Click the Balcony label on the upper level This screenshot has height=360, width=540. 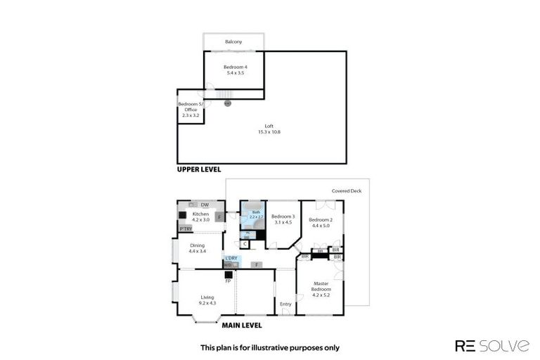(x=233, y=42)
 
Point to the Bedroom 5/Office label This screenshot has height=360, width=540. (x=191, y=107)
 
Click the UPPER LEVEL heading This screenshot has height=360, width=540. (x=199, y=169)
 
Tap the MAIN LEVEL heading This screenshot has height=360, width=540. (x=242, y=326)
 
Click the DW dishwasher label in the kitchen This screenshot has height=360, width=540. (x=204, y=205)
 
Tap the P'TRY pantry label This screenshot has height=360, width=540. (x=186, y=229)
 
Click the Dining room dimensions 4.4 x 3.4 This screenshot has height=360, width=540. (x=197, y=251)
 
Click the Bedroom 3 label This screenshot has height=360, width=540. (x=282, y=216)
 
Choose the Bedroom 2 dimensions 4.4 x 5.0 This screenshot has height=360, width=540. (x=320, y=226)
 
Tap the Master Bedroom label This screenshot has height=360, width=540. (x=321, y=286)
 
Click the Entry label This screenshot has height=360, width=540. (x=285, y=304)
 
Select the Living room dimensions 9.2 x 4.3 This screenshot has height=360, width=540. (x=207, y=303)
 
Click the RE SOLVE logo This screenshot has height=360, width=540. (x=492, y=345)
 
